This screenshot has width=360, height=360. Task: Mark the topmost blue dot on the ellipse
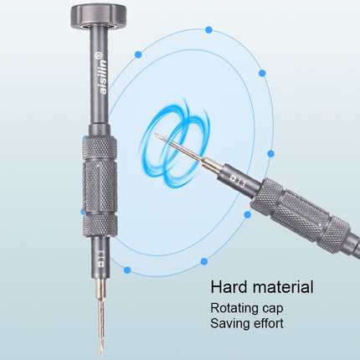click(x=208, y=30)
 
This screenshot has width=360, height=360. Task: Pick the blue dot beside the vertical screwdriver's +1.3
click(x=126, y=270)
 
